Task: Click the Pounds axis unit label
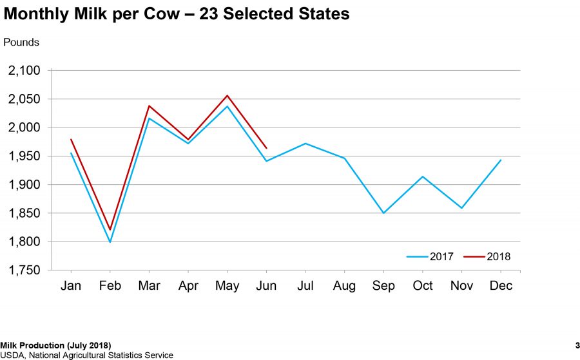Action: pos(21,43)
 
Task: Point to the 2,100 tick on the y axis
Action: pos(24,71)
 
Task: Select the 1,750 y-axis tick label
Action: pos(24,270)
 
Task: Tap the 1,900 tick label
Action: pos(24,185)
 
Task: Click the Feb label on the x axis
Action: pos(110,286)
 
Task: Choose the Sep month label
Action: pos(383,286)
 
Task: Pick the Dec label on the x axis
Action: pos(501,286)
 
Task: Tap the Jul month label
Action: pos(305,286)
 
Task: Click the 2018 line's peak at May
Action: pos(227,95)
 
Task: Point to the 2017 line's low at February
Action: pos(110,242)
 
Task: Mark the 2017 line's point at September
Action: pos(383,213)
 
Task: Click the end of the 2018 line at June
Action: pos(266,147)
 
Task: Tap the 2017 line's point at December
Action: pos(501,160)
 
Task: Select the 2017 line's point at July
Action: pos(305,143)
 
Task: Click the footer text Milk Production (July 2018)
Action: pos(55,346)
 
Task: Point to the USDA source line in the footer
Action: pos(86,355)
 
